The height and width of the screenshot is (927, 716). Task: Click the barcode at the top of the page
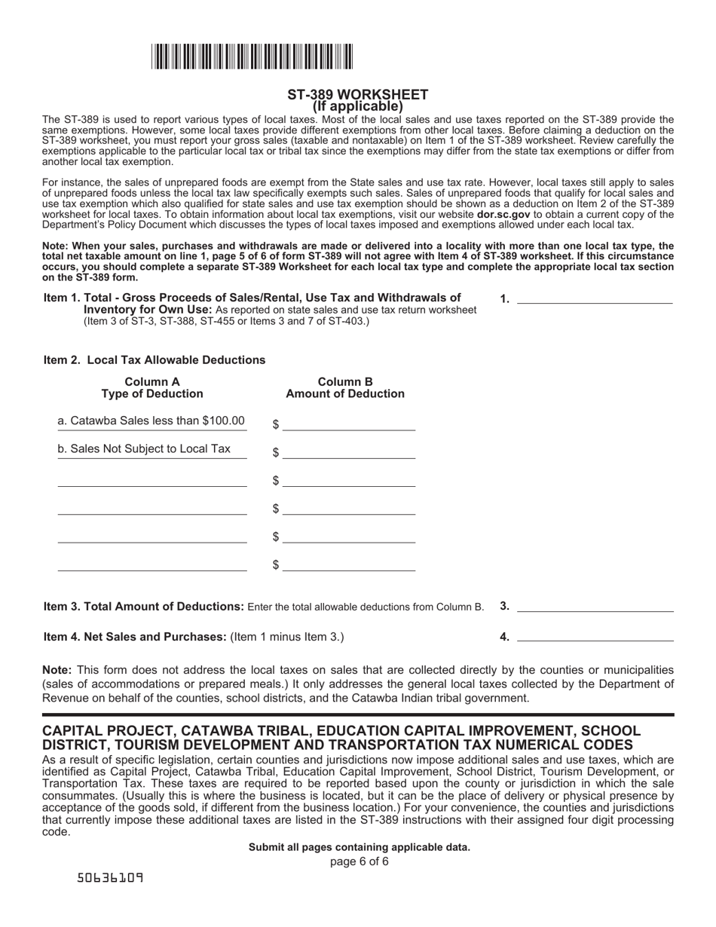click(252, 57)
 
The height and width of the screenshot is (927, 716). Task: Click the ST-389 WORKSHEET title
click(357, 94)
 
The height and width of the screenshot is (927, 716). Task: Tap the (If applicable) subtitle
click(357, 106)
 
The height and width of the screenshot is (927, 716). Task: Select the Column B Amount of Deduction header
click(345, 387)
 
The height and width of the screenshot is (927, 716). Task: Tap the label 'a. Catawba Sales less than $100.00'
click(151, 421)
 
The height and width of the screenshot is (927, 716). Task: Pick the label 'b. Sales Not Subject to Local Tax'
click(145, 448)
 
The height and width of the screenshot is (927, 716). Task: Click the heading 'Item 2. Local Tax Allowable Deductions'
click(155, 359)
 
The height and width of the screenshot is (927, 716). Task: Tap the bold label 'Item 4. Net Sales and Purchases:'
click(135, 637)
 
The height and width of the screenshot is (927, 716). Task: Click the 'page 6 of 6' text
click(360, 861)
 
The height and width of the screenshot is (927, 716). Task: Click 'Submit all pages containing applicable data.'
click(360, 847)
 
